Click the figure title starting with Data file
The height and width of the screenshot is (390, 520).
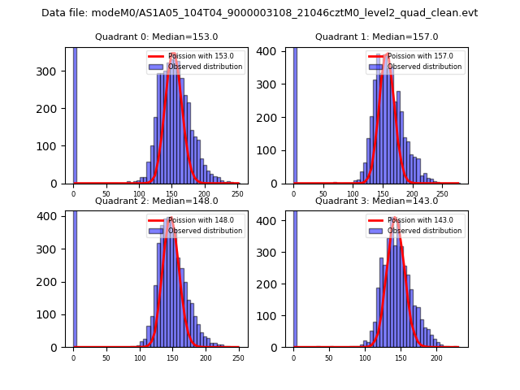click(x=259, y=13)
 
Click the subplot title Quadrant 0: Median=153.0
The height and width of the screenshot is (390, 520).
click(x=156, y=37)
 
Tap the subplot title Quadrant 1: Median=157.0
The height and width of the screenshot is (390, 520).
click(x=376, y=37)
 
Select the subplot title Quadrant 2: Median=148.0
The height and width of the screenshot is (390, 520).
click(x=156, y=201)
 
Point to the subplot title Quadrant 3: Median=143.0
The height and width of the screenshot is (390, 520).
click(x=376, y=201)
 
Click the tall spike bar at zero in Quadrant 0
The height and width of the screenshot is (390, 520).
click(x=75, y=114)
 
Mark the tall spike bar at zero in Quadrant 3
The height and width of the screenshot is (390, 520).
click(x=294, y=276)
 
